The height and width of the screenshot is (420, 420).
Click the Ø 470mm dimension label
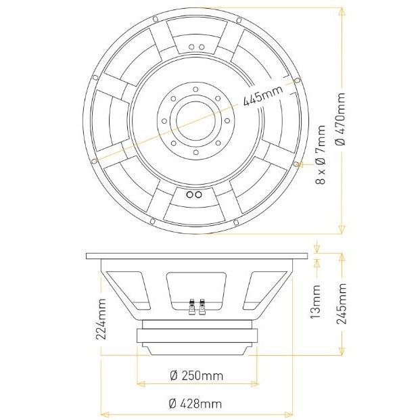340,119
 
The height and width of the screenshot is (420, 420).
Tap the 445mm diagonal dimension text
263,96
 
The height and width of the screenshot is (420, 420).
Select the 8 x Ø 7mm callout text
321,155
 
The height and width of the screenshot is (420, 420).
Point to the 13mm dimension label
315,302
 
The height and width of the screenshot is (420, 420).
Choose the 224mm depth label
101,319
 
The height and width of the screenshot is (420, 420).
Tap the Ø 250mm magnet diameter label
196,376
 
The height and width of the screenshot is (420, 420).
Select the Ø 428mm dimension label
195,403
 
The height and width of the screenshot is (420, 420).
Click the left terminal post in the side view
192,306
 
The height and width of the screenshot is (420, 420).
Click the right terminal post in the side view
202,306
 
